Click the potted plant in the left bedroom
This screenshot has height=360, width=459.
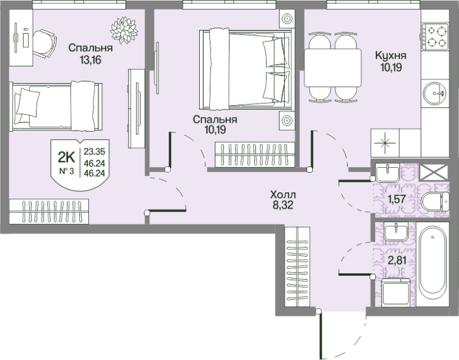coord(124,30)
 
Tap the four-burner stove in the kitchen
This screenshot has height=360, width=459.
coord(435,37)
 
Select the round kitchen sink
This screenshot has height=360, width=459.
coord(434,94)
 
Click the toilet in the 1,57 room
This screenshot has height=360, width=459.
coord(435,201)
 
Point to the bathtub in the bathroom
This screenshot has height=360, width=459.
coord(433,264)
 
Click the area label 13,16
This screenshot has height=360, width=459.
coord(91,60)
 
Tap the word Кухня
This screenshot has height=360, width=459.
coord(391,55)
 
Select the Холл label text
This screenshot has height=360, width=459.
coord(283,194)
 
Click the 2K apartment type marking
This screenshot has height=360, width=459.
coord(67,157)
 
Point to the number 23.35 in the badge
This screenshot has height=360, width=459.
coord(94,152)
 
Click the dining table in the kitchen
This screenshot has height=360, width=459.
coord(333,68)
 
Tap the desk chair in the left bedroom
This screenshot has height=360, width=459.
coord(44,44)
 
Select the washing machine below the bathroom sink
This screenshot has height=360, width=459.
coord(396,292)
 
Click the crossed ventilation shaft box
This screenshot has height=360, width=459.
coord(434,172)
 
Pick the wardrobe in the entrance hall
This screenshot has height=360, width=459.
coord(297,266)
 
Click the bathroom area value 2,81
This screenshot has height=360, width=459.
coord(396,260)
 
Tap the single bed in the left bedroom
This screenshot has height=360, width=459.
coord(56,106)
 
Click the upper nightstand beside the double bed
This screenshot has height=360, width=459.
coord(287,19)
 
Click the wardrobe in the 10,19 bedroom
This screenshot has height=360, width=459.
coord(255,154)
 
